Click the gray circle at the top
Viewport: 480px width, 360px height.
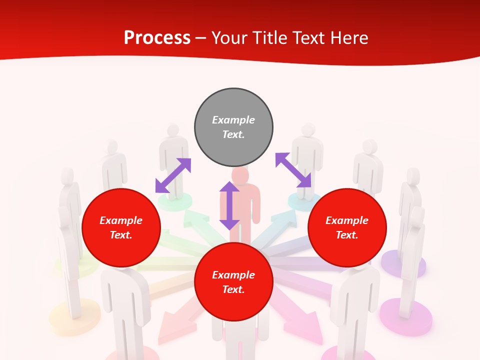[x=233, y=127]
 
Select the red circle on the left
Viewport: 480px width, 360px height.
[x=121, y=228]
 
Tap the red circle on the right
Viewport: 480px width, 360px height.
[x=347, y=228]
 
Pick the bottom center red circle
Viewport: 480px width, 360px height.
[x=233, y=282]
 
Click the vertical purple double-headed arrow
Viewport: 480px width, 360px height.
[x=229, y=205]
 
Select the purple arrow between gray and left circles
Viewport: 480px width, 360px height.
[x=173, y=175]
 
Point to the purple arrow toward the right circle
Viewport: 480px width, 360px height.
[x=293, y=170]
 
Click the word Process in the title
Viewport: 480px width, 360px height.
[x=157, y=38]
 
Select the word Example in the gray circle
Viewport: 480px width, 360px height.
[x=233, y=120]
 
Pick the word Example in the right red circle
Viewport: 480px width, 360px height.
[x=347, y=220]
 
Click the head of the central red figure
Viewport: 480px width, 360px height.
[x=240, y=176]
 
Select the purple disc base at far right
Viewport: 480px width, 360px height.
[x=403, y=264]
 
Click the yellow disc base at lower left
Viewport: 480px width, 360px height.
[x=74, y=315]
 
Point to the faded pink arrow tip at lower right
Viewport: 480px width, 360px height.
[x=309, y=330]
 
